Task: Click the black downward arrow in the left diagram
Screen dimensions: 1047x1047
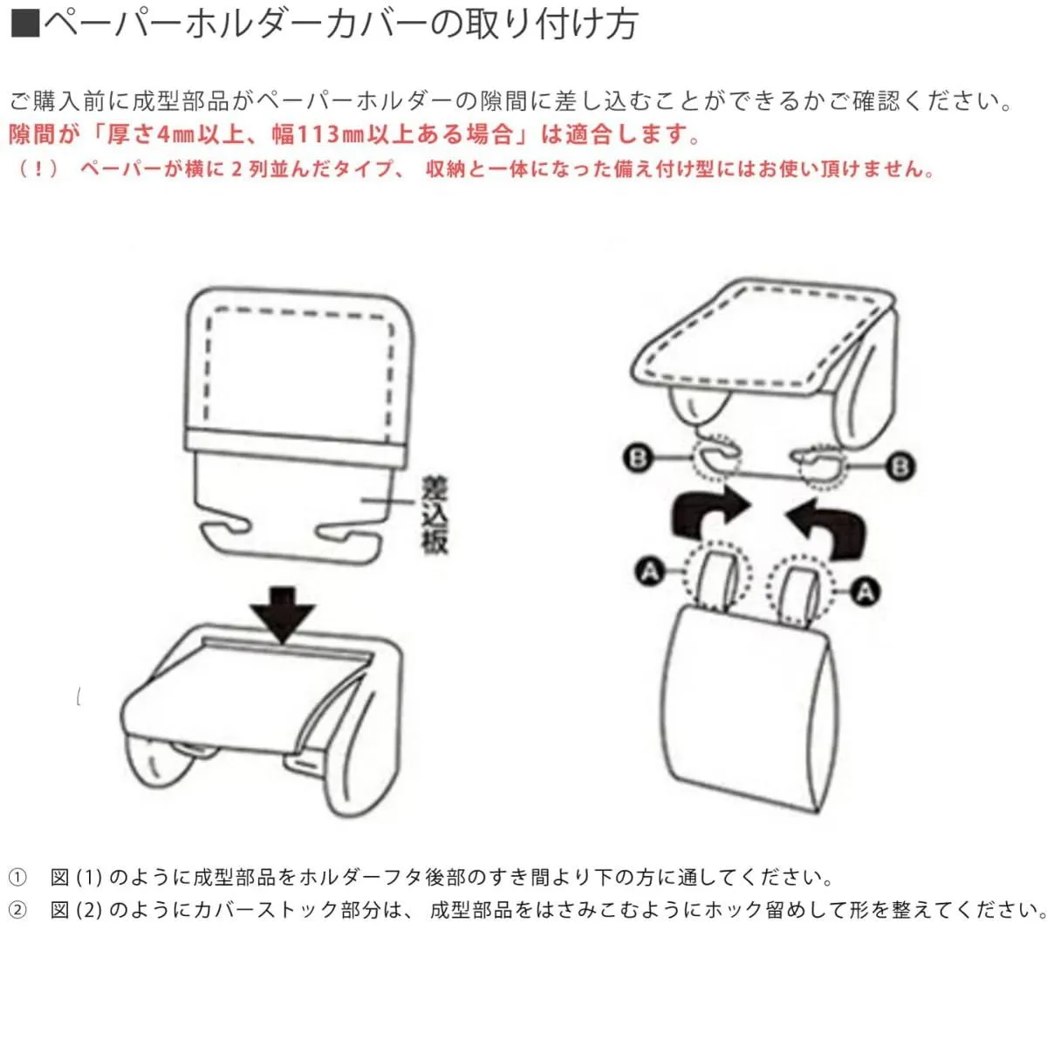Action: point(282,614)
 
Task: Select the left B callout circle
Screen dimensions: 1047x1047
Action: point(637,457)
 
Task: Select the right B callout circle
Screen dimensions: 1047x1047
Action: point(900,466)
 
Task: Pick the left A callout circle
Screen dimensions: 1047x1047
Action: point(649,571)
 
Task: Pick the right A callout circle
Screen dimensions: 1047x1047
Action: point(865,592)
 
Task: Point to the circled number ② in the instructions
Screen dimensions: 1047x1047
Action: point(17,909)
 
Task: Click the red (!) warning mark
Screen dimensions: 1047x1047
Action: point(38,169)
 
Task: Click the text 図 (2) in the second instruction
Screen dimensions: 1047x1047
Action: point(77,909)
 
